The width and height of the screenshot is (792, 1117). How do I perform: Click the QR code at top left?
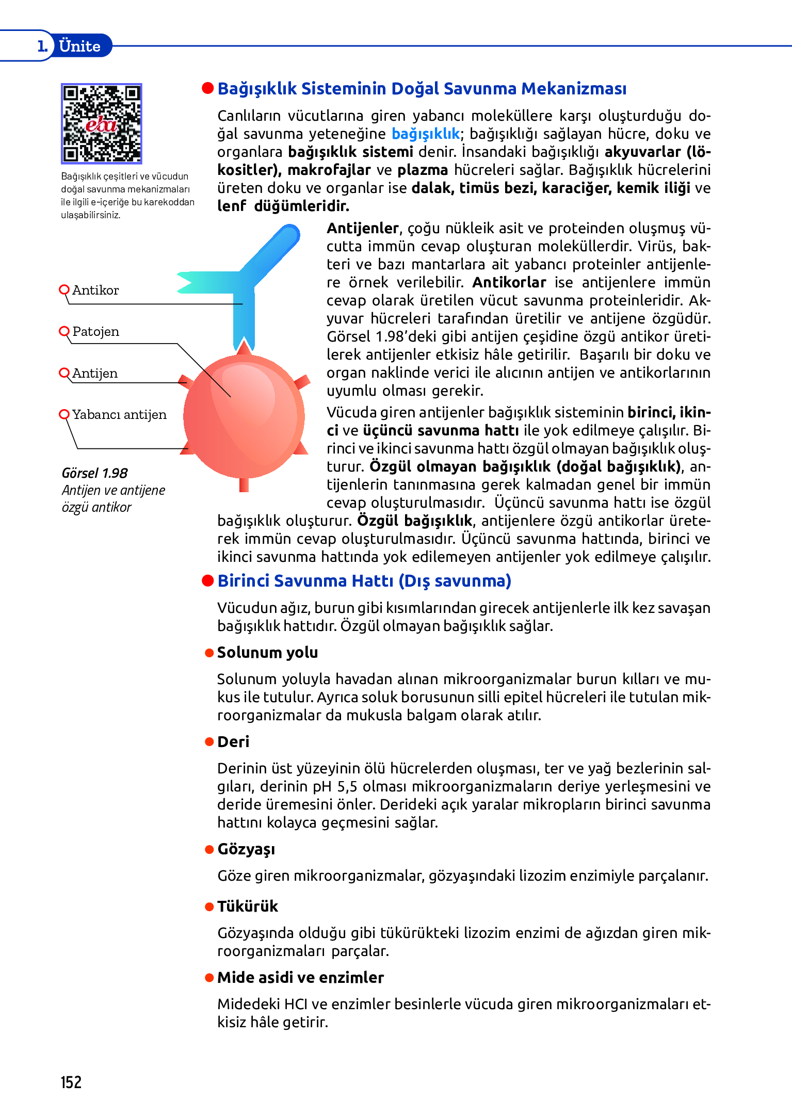click(x=101, y=124)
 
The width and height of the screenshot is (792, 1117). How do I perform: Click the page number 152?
click(x=71, y=1082)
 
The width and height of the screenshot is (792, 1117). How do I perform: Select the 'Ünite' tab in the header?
click(x=79, y=46)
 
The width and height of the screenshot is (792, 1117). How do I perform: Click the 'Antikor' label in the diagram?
click(x=95, y=290)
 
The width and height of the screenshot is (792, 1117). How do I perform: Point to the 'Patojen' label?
click(x=96, y=332)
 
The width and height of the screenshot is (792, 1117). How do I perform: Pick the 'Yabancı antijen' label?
click(x=119, y=415)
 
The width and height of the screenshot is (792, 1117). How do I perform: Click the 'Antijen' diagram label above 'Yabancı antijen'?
click(x=95, y=374)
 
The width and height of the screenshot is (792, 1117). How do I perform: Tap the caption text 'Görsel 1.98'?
click(x=94, y=473)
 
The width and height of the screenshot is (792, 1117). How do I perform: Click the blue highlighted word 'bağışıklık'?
click(x=426, y=134)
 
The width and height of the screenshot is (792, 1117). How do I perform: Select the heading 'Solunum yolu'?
click(x=267, y=653)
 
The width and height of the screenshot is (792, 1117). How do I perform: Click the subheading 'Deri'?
click(x=233, y=742)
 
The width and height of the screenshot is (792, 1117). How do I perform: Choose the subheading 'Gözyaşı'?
click(x=246, y=849)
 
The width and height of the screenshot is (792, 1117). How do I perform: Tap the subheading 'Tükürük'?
click(x=248, y=906)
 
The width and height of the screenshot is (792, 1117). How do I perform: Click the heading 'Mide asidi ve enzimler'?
click(x=300, y=978)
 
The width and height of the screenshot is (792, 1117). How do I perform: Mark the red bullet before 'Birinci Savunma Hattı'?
click(x=208, y=581)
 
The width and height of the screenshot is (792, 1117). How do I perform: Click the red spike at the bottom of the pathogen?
click(x=244, y=485)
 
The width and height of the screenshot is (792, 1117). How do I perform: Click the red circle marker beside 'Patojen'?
click(x=64, y=331)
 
